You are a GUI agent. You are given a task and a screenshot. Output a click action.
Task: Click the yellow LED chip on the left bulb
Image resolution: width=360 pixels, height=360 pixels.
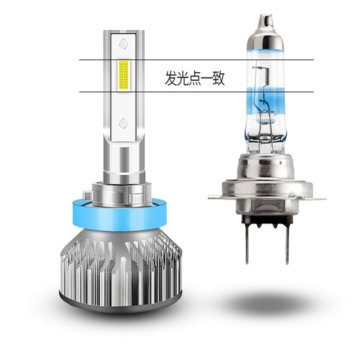coord(123,75)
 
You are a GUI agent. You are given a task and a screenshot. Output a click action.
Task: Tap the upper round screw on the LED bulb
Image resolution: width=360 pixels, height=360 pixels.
coord(123,43)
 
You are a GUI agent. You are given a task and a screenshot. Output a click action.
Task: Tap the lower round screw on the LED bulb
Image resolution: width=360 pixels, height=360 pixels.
coord(123,123)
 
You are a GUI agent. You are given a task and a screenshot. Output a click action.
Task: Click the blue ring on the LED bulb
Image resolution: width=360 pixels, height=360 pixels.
coord(119,216)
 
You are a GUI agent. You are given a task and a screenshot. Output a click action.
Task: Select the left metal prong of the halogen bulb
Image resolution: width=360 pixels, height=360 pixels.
coord(247,244)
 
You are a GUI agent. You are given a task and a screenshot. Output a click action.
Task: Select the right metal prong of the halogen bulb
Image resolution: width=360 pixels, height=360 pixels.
coord(287,244)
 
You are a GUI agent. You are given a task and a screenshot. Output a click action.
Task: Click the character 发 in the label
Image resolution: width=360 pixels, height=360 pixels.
coord(171,78)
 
